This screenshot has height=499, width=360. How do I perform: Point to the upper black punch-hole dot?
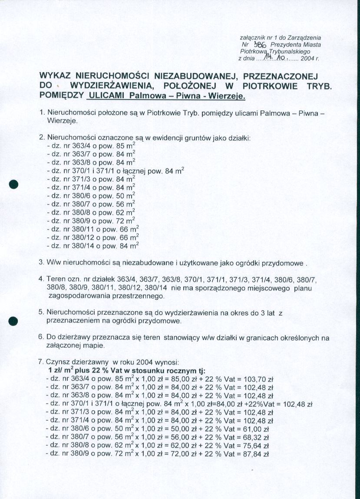(14, 183)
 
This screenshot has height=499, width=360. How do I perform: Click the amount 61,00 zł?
(258, 428)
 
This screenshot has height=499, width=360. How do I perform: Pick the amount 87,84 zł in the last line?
(258, 453)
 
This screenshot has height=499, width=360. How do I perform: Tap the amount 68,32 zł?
(258, 436)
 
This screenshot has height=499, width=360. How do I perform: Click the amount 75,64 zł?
(258, 445)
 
